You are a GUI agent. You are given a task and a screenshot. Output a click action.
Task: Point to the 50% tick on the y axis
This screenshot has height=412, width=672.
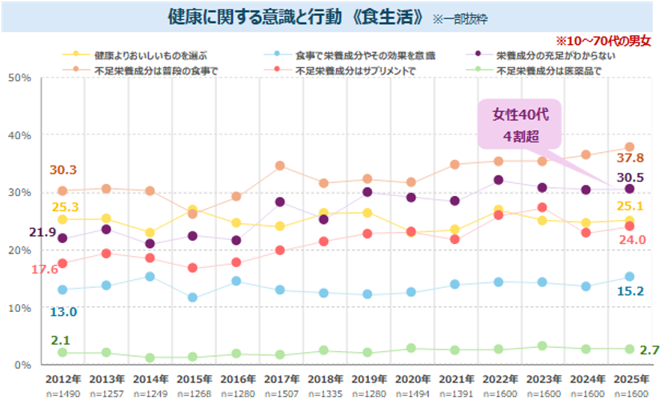18,78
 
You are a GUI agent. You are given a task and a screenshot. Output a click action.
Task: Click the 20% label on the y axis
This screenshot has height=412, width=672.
18,250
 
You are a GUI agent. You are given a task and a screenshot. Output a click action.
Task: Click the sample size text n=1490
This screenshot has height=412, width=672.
62,394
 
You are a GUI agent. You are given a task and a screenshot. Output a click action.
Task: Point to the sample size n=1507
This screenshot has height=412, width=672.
280,394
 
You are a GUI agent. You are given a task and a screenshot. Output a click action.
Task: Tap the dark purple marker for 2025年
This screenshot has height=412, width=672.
630,189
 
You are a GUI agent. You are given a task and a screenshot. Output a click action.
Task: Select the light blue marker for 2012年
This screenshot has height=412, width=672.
62,290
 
